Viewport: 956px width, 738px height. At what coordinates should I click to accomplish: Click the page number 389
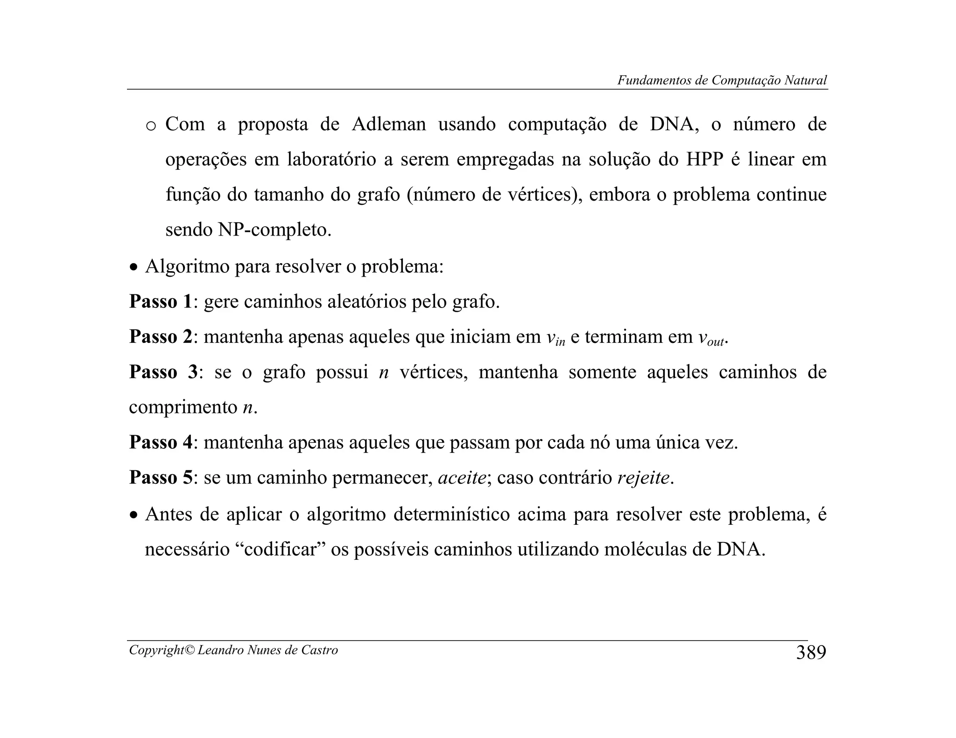click(x=811, y=653)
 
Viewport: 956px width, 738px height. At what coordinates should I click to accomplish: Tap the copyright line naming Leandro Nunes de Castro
click(x=233, y=650)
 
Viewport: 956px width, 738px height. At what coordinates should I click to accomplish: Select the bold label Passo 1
click(x=160, y=302)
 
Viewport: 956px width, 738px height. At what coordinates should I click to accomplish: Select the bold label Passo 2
click(x=160, y=337)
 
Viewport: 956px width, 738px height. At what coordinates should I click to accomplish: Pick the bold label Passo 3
click(x=163, y=372)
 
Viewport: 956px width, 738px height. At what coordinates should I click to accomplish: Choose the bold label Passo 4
click(x=160, y=442)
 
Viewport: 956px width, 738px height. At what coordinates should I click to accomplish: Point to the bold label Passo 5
click(x=160, y=478)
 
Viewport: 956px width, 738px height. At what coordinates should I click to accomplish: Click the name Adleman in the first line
click(x=388, y=125)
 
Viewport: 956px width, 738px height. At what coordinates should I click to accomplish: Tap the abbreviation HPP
click(x=704, y=160)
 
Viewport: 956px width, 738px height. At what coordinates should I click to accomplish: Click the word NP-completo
click(x=274, y=230)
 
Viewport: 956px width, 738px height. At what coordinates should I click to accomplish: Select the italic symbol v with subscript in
click(x=555, y=338)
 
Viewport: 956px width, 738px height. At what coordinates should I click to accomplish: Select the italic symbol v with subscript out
click(x=711, y=338)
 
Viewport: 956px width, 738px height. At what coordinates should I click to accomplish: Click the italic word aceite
click(x=462, y=478)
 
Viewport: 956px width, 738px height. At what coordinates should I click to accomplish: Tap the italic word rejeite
click(x=643, y=478)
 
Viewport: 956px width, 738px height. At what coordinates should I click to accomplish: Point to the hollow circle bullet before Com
click(x=151, y=126)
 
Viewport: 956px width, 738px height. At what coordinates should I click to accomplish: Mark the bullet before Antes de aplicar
click(x=134, y=516)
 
